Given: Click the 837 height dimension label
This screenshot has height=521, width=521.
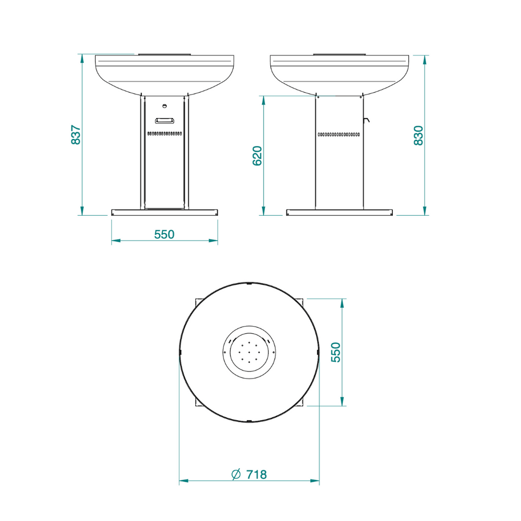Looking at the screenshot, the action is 76,134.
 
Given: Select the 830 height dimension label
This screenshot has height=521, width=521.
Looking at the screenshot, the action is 419,135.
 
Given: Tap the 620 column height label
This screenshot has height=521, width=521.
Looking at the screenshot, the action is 257,156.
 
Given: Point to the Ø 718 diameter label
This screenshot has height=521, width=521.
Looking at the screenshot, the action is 249,474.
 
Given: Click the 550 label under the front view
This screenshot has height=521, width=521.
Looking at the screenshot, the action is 164,235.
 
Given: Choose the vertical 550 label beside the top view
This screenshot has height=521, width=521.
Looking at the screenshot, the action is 336,352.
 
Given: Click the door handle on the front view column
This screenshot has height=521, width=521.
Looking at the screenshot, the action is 165,121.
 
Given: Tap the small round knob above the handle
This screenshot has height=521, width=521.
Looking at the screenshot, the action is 165,106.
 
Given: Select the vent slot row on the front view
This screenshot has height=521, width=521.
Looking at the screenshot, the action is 165,133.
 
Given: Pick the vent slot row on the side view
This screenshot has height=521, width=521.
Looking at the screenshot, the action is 339,134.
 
